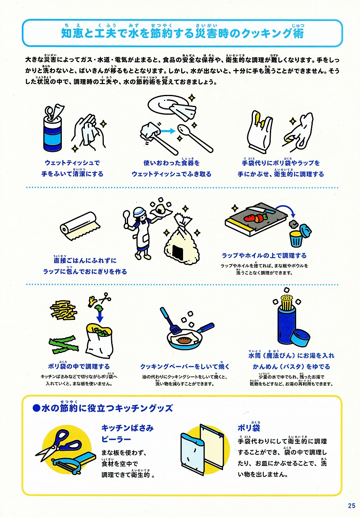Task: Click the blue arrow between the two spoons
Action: coord(168,131)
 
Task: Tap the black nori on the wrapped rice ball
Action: coord(179,251)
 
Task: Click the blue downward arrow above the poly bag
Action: coord(99,316)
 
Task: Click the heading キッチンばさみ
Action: coord(127,428)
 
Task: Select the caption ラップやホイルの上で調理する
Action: coord(264,256)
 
